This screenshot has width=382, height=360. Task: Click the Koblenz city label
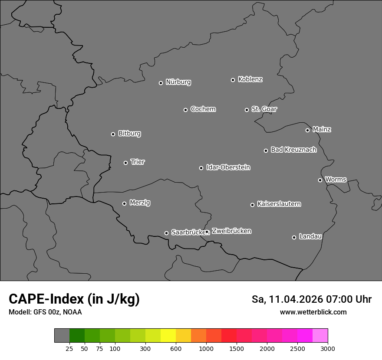click(x=250, y=79)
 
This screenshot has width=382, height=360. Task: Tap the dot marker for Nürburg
click(x=161, y=83)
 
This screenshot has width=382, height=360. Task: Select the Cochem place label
click(x=203, y=109)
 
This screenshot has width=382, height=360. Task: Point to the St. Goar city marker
click(x=247, y=110)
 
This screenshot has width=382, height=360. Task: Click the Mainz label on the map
click(x=322, y=129)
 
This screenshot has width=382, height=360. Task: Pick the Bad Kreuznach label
click(x=293, y=150)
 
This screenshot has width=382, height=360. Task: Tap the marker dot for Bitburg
click(x=113, y=134)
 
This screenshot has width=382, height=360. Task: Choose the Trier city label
click(x=138, y=162)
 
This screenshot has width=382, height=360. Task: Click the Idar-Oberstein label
click(x=228, y=167)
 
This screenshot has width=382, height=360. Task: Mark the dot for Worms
click(x=320, y=180)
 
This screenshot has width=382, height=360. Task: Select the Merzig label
click(x=140, y=203)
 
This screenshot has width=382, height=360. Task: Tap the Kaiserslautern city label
click(x=279, y=204)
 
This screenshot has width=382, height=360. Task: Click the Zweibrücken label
click(x=231, y=231)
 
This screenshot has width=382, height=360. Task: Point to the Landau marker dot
click(x=294, y=237)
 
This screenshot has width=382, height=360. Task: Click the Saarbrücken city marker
click(x=166, y=233)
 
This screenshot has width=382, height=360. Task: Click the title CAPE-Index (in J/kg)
click(x=74, y=299)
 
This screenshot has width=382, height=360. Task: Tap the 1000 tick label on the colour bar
click(x=206, y=348)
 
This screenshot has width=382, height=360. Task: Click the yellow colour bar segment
click(x=168, y=336)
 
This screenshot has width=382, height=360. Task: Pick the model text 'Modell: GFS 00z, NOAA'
click(x=45, y=312)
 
